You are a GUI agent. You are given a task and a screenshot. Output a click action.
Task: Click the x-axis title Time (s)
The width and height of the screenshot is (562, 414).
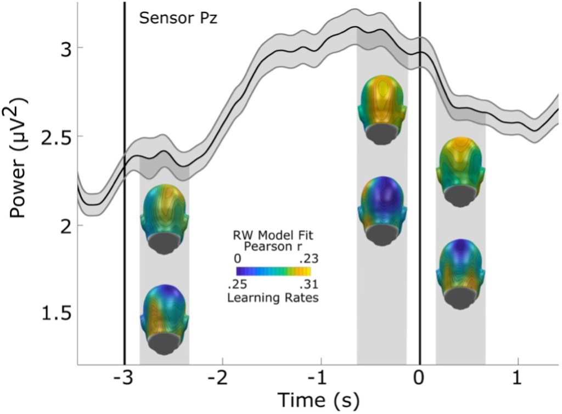[318, 400]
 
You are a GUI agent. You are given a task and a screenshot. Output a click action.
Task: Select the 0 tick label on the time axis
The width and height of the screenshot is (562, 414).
[420, 380]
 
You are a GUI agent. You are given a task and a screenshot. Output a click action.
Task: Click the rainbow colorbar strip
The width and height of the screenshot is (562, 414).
[273, 271]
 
